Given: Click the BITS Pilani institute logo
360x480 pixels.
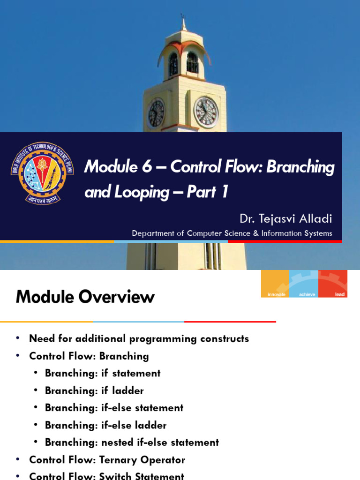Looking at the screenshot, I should tap(42, 173).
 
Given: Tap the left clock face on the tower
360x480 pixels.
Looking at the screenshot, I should tap(156, 114).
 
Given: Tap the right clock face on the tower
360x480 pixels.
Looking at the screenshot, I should tap(206, 112).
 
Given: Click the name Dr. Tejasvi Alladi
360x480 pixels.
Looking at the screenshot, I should tap(285, 218).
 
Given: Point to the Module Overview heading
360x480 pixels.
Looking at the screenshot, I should tap(85, 297).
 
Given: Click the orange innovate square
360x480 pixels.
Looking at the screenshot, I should tap(275, 284).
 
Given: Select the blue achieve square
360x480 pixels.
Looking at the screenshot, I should tap(303, 284).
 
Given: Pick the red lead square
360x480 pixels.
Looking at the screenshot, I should tap(333, 284).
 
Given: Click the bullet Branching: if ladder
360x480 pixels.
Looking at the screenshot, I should tap(94, 390).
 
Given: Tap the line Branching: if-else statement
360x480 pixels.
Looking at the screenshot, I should tap(113, 408).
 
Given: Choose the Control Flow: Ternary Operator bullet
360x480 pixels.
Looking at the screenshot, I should tap(107, 460).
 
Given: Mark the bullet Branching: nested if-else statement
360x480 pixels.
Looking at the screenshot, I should tap(131, 442).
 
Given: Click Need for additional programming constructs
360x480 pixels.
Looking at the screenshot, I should tap(139, 338).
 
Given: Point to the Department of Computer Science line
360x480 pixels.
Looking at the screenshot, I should tap(232, 233).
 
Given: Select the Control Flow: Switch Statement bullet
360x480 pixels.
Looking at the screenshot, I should tap(106, 476).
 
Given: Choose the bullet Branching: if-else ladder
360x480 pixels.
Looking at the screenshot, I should tap(105, 425).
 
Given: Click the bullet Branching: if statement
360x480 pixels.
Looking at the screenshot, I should tap(102, 373).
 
